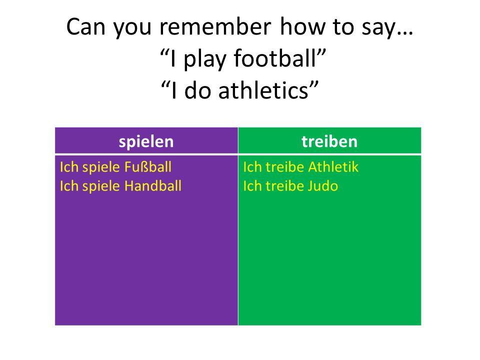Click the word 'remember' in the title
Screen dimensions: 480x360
tap(215, 27)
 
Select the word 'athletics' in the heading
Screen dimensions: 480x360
tap(263, 90)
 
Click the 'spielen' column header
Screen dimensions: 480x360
tap(146, 142)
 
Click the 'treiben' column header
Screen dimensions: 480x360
tap(329, 141)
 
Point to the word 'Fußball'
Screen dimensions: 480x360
tap(147, 167)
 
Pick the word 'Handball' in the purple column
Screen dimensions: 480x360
tap(153, 186)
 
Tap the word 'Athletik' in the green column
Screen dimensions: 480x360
tap(333, 167)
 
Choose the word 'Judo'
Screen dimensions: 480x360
tap(322, 186)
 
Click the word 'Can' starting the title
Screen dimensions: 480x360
tap(85, 27)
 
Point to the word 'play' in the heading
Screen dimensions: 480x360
tap(204, 59)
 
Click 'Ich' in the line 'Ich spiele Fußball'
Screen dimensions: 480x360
tap(68, 167)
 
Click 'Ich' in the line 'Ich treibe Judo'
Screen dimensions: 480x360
tap(252, 186)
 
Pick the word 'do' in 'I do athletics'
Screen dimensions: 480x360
tap(198, 90)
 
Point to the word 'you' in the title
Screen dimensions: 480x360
tap(132, 28)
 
